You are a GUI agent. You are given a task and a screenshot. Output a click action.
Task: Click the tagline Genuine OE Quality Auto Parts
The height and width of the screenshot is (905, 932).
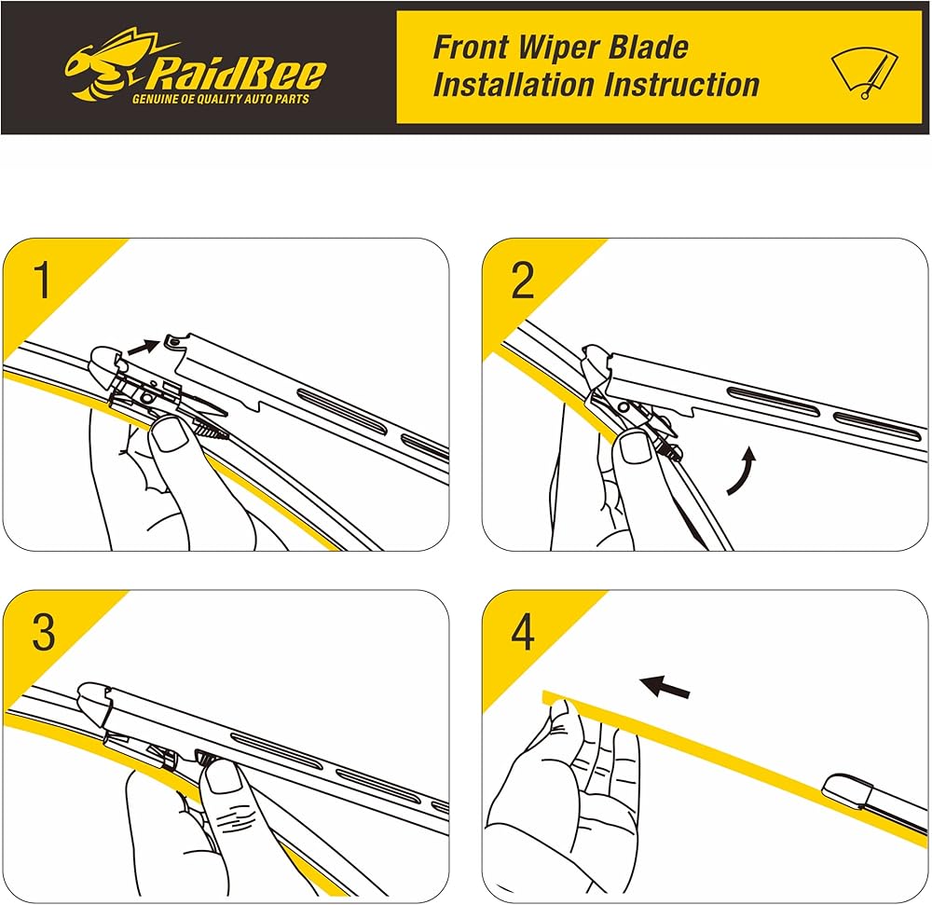(220, 99)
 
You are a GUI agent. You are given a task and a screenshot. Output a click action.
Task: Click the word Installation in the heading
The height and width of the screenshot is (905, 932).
(514, 85)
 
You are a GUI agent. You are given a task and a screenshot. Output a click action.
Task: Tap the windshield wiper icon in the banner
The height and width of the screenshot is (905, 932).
(864, 72)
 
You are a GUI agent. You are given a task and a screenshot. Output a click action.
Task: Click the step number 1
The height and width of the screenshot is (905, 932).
(43, 281)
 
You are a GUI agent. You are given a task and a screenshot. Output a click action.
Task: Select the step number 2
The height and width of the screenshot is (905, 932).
(523, 281)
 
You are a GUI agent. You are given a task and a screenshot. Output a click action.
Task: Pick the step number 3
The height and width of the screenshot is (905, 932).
(44, 633)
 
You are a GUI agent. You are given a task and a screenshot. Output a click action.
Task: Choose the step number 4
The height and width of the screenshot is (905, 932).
(523, 633)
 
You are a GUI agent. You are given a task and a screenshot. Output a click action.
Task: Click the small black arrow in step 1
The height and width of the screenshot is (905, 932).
(142, 347)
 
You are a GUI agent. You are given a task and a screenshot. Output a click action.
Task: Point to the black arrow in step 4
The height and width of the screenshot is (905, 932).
(666, 689)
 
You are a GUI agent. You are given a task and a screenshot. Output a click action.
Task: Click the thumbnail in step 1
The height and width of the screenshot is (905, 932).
(171, 435)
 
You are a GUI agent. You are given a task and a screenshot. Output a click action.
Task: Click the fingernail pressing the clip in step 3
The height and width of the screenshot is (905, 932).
(225, 776)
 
